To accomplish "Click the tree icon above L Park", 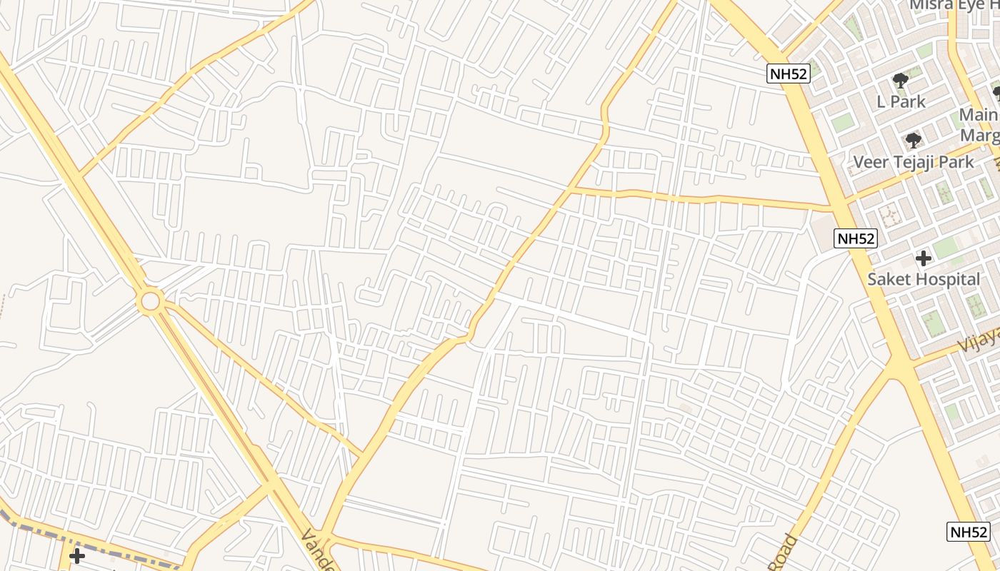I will coord(901,80).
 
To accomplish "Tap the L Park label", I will coord(901,101).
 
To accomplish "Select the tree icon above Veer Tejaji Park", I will coord(913,140).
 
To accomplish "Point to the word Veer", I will coord(871,162).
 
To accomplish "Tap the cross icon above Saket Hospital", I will coord(924,258).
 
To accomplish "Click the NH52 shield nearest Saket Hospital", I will coord(856,238).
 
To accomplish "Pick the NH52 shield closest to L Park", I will coord(789,73).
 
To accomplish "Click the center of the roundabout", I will coord(151,300).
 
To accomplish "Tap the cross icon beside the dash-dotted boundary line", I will coord(76,555).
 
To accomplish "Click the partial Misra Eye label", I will coord(954,6).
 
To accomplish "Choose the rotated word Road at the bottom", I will coord(781,553).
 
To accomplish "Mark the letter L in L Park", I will coord(882,101).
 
